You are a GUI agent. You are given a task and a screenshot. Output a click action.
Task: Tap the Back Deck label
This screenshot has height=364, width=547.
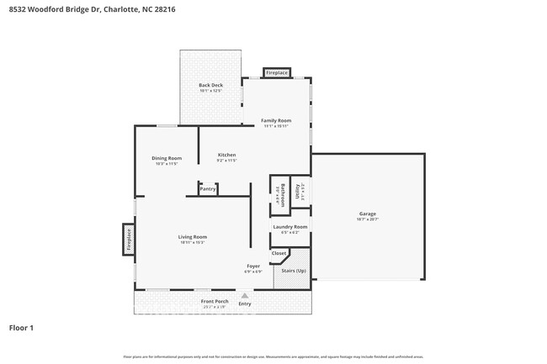[x=210, y=85]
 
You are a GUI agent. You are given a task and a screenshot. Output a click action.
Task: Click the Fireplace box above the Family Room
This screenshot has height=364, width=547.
[x=277, y=73]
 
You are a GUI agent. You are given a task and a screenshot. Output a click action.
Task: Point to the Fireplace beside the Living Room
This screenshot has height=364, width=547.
[x=129, y=240]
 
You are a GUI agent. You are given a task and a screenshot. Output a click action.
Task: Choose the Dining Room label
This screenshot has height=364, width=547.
[x=167, y=158]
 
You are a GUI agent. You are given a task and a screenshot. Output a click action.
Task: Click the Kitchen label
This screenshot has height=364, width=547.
[x=226, y=155]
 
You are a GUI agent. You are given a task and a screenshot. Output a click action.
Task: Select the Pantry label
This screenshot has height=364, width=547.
[x=208, y=189]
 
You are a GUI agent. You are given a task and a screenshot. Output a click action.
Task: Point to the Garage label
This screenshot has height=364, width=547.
[x=368, y=214]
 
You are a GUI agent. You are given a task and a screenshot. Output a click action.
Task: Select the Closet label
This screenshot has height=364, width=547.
[x=279, y=253]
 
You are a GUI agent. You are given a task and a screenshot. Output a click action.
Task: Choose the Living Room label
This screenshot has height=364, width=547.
[x=192, y=237]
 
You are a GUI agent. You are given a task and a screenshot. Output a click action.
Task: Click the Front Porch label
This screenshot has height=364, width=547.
[x=215, y=301]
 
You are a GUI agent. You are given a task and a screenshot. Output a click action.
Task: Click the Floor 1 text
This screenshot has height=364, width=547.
[x=21, y=327]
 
